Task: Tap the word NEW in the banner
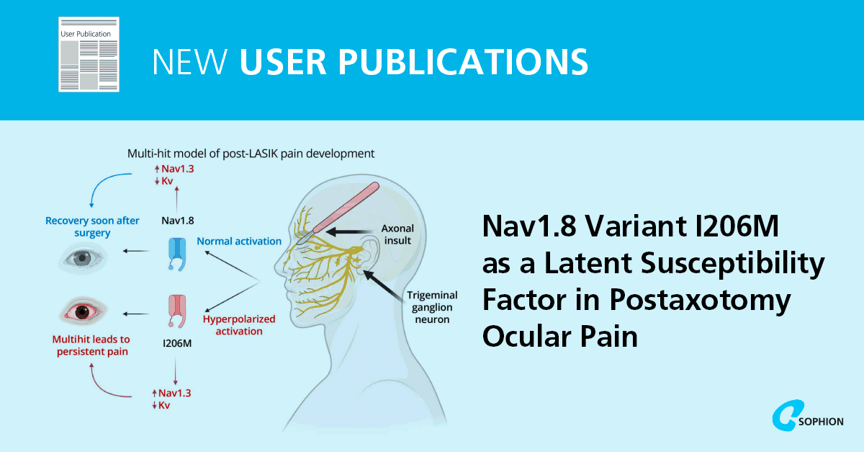coord(190,61)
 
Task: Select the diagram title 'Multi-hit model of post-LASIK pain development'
coord(251,154)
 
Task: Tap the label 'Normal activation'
coord(239,241)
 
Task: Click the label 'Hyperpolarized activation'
coord(233,325)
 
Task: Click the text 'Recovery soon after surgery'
coord(92,226)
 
